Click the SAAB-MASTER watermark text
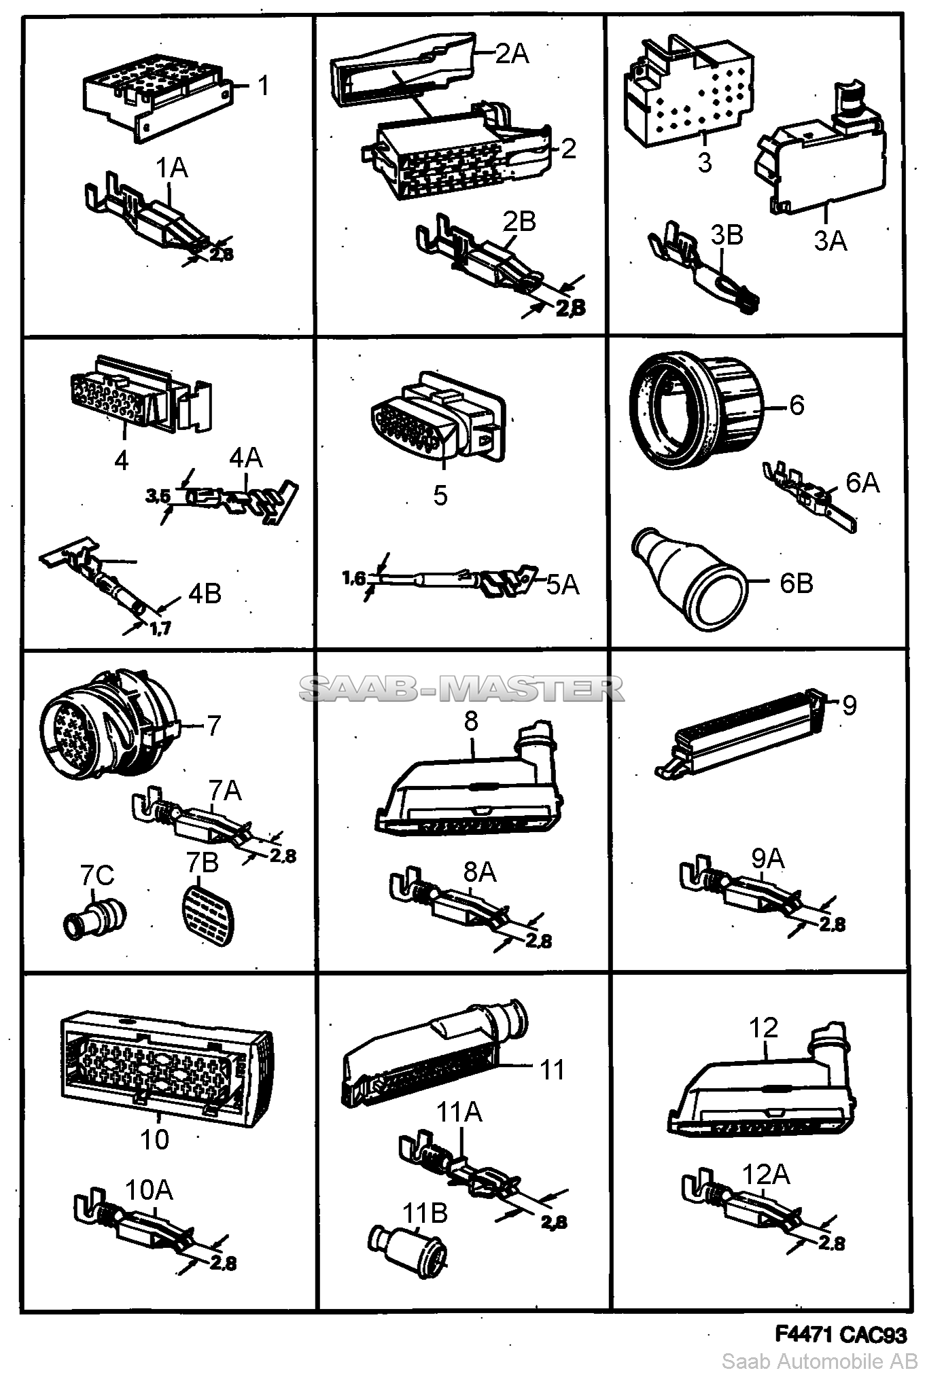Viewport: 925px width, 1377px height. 461,689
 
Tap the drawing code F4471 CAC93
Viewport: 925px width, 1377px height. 841,1335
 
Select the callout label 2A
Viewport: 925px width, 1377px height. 512,53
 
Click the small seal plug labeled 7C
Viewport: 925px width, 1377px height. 94,918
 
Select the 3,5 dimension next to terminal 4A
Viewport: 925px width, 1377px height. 158,497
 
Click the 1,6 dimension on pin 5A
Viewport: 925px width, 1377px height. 353,578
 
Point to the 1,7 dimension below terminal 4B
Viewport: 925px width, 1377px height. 160,628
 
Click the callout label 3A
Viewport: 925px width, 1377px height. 831,240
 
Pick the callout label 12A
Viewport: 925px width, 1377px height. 766,1174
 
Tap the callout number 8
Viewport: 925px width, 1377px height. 472,721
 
